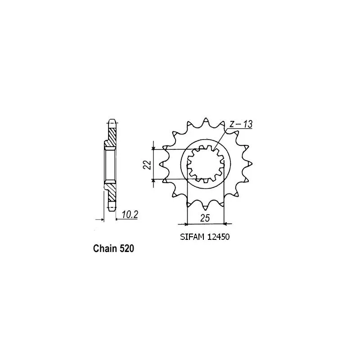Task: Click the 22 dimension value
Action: (148, 164)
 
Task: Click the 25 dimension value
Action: (205, 218)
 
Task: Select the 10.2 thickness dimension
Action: (130, 215)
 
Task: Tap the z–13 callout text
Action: (241, 124)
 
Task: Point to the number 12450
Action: (218, 237)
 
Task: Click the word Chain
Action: (105, 248)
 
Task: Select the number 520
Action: (127, 248)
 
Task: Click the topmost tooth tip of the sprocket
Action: (206, 118)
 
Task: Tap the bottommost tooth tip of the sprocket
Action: (205, 210)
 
